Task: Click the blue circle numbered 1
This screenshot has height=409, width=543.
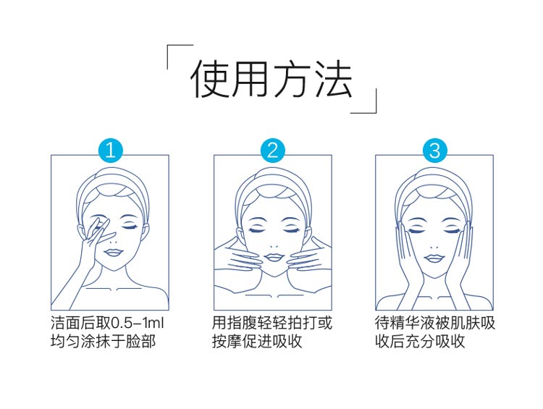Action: click(x=110, y=151)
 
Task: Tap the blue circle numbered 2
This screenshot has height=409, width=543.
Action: click(x=273, y=151)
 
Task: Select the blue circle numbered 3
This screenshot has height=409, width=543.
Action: click(x=434, y=151)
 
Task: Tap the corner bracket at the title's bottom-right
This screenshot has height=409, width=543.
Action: click(x=368, y=104)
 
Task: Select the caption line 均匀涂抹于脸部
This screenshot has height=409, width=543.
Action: click(x=103, y=342)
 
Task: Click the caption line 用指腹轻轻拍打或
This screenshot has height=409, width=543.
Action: click(x=272, y=323)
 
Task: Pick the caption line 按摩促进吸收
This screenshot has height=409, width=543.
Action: click(x=257, y=342)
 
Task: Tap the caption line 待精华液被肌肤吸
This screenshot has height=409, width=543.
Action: click(x=435, y=323)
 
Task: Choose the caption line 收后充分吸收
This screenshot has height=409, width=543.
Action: click(x=420, y=342)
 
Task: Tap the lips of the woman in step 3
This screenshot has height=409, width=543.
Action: click(x=434, y=256)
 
